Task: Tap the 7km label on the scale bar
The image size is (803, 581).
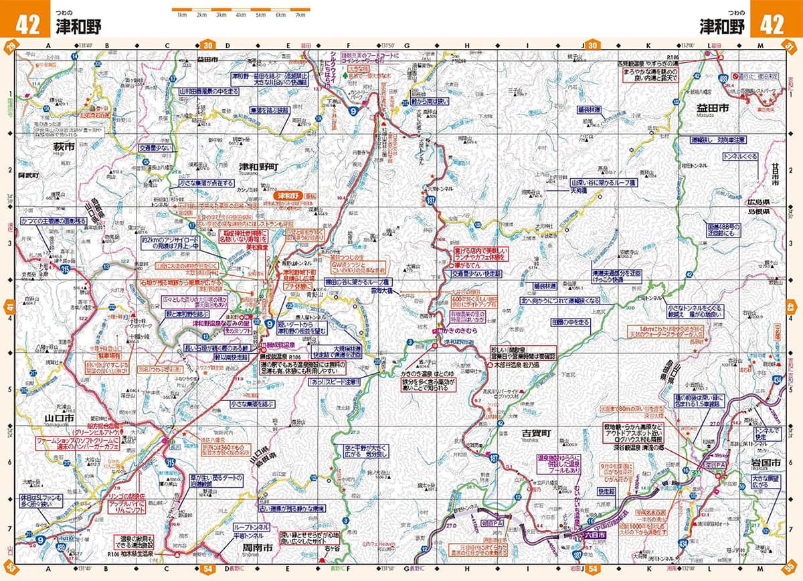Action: pos(300,14)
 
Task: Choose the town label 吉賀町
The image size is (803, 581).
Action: pos(535,434)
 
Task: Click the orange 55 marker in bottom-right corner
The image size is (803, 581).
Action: pos(792,570)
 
